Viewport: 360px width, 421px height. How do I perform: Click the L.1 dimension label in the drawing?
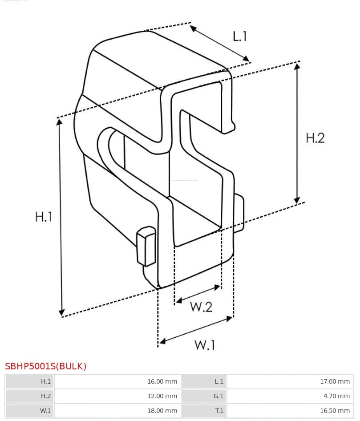pos(240,36)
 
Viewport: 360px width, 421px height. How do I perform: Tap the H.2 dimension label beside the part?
pos(315,138)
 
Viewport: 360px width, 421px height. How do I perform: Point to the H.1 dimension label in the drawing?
pos(44,217)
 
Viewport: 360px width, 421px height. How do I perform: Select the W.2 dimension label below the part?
pos(201,307)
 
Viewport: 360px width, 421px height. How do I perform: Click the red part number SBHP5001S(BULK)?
pos(46,366)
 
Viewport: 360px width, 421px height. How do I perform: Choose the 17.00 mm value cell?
pos(335,381)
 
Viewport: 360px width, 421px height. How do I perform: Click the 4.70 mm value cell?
pos(336,396)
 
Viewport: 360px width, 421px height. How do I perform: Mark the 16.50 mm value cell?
pos(335,411)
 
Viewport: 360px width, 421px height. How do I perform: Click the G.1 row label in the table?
pos(218,396)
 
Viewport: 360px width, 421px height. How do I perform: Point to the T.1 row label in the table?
pos(219,411)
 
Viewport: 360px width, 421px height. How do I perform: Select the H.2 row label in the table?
pos(46,396)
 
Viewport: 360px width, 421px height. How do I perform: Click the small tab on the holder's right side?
pos(239,214)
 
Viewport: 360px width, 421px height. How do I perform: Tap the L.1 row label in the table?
pos(219,381)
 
